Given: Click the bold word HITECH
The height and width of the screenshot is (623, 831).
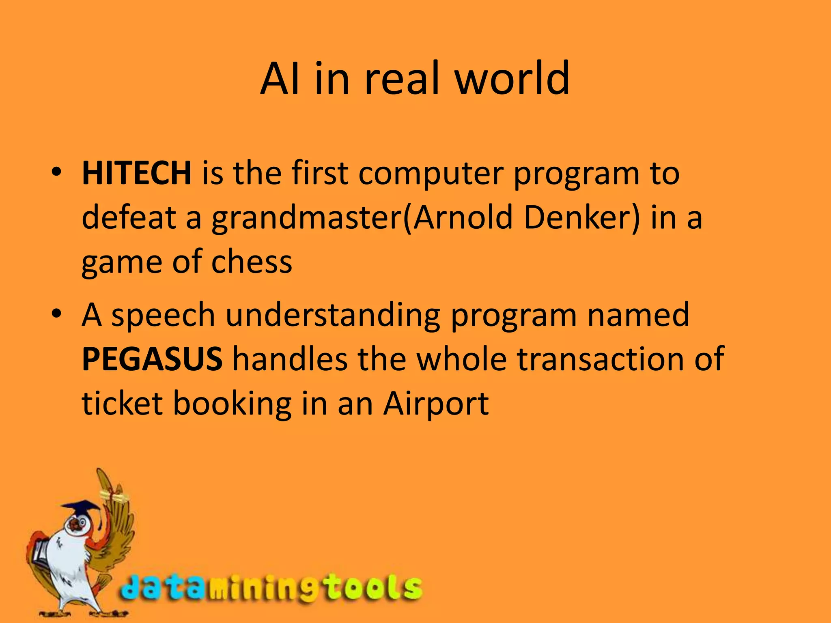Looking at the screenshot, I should click(136, 173).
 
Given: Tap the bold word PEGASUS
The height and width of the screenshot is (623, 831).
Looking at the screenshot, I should click(152, 359).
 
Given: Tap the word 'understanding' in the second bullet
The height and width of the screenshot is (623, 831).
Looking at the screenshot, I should click(333, 315).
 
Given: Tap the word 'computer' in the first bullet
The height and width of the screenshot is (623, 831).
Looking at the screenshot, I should click(431, 173).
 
